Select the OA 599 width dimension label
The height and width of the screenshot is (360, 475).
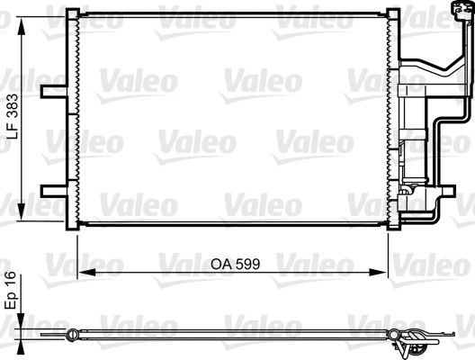(236, 265)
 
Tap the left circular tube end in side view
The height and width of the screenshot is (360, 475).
(73, 337)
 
